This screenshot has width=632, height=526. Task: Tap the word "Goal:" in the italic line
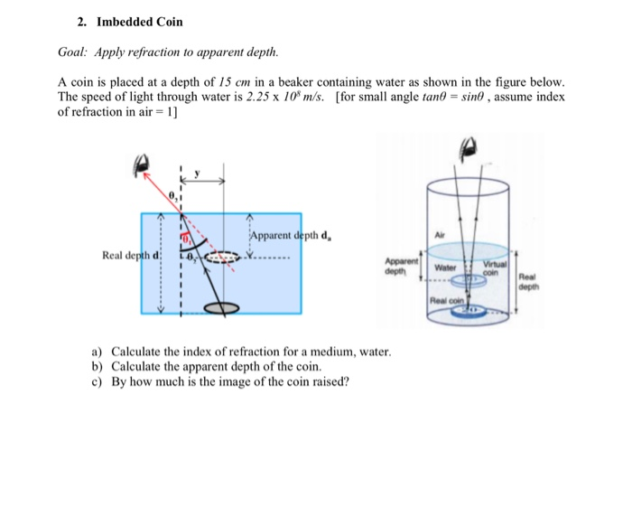click(75, 52)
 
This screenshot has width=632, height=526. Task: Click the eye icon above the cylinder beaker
click(469, 146)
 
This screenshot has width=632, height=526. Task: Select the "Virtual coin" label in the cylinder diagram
click(492, 268)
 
